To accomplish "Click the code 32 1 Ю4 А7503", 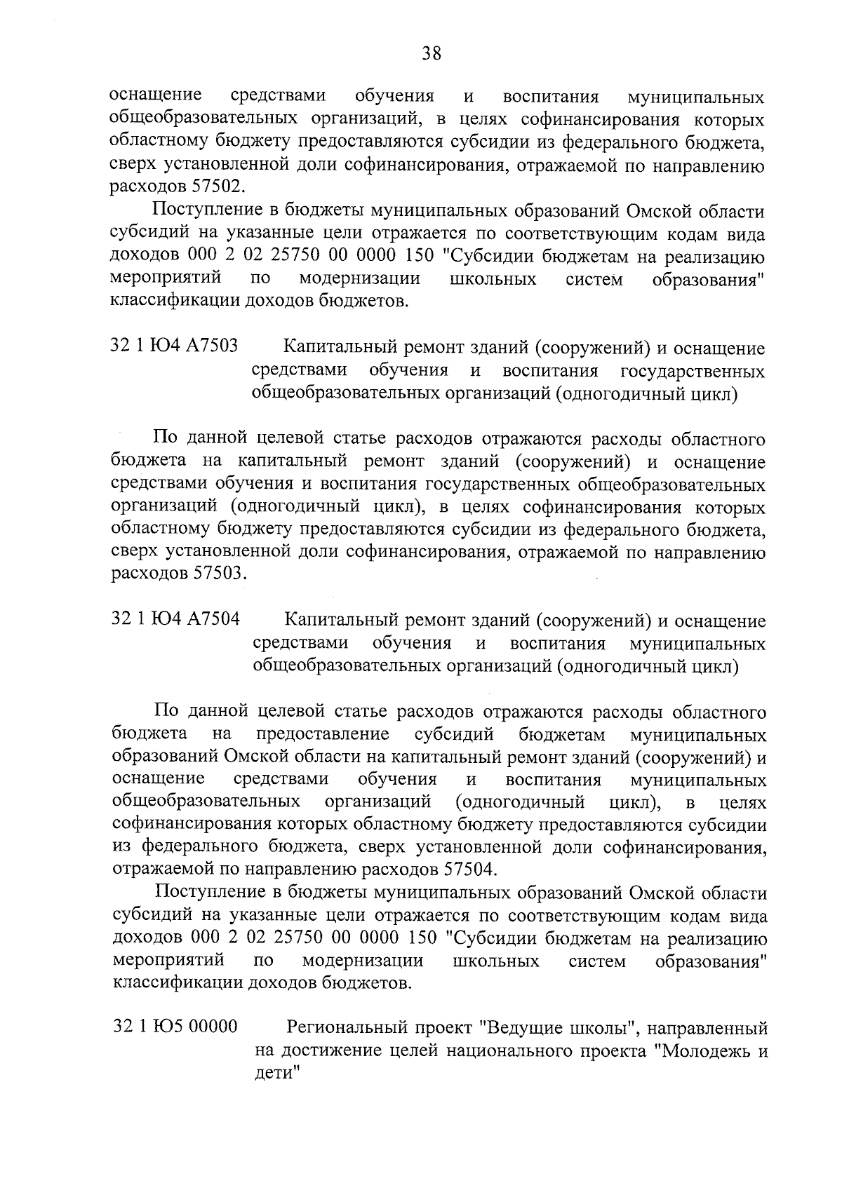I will (x=174, y=346).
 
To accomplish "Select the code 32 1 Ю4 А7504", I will (x=175, y=620).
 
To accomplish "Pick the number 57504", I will (x=469, y=870).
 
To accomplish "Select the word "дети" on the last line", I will (x=274, y=1074).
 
